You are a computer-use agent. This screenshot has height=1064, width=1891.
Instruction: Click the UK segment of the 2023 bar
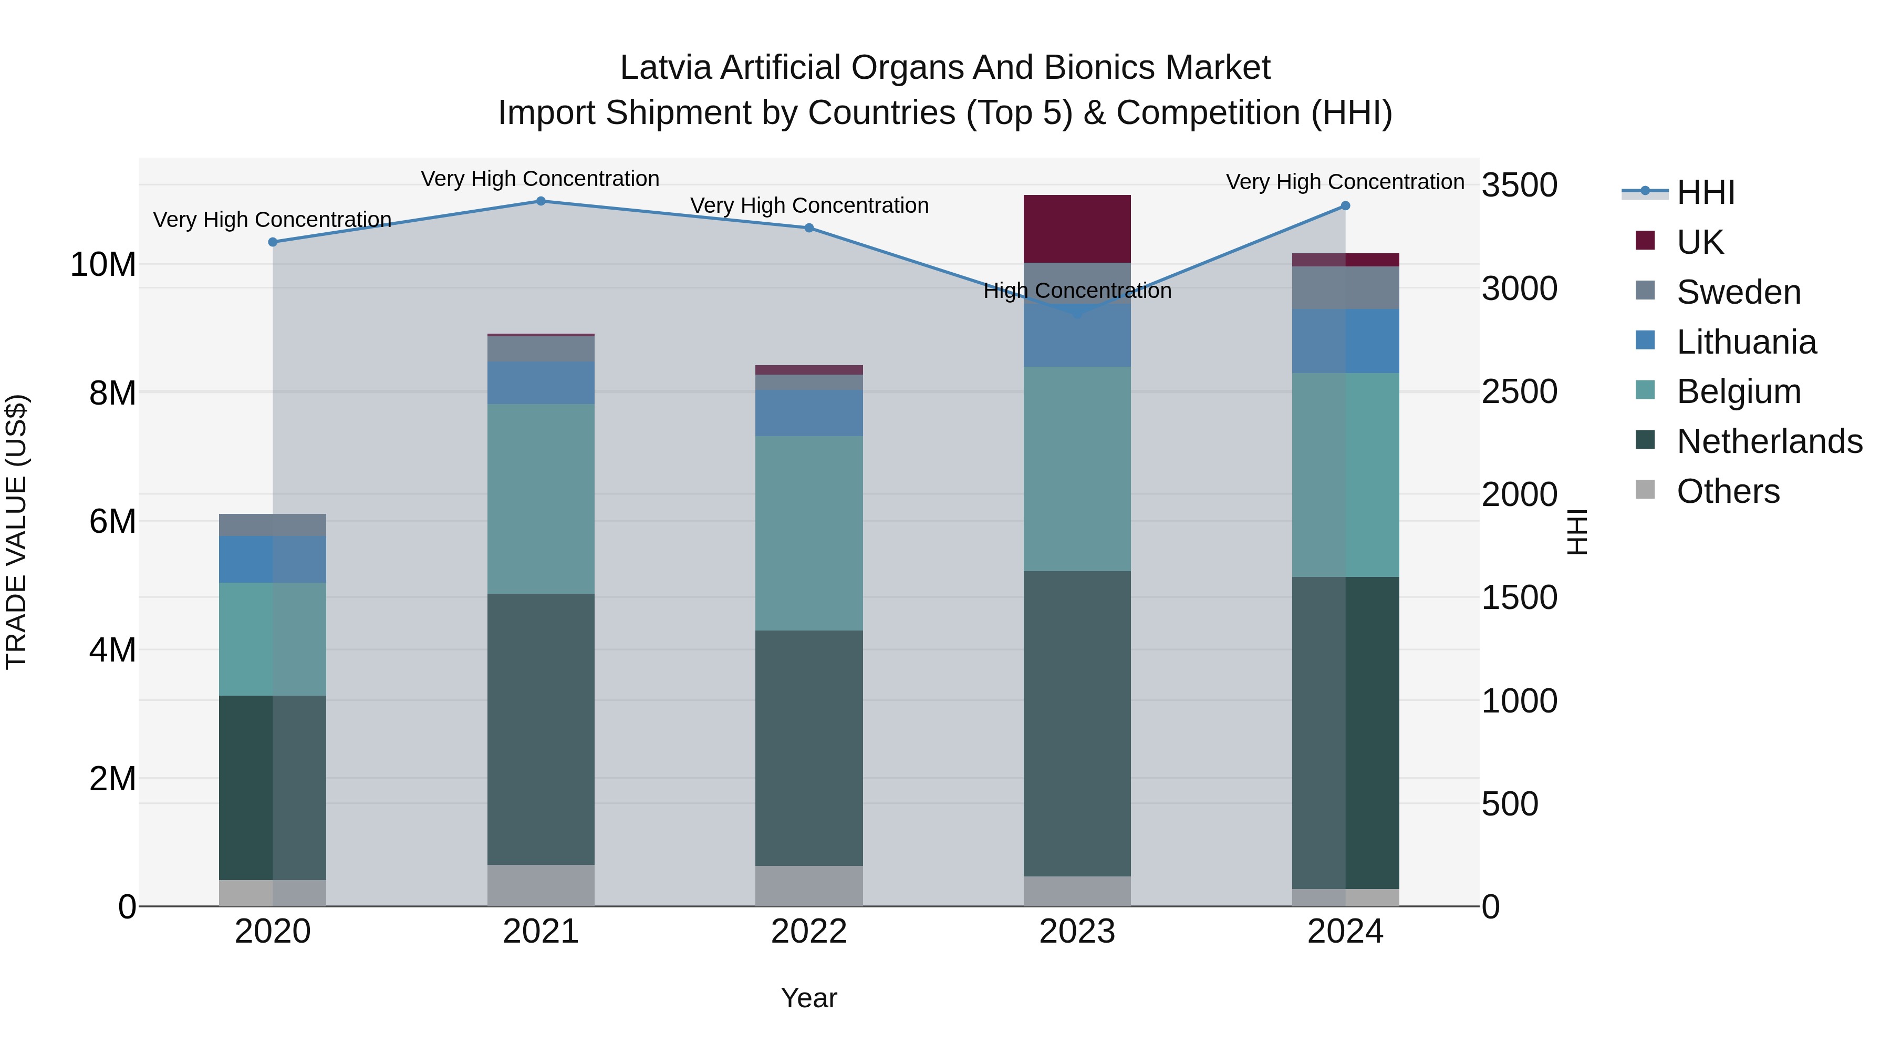[x=1077, y=229]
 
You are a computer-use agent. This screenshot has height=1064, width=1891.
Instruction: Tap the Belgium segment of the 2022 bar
[x=809, y=533]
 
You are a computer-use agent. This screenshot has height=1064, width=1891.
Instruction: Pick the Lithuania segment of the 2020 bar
[x=272, y=559]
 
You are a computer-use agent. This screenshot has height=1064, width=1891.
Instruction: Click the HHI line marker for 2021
[x=541, y=201]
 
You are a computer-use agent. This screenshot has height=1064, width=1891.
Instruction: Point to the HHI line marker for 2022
[x=809, y=228]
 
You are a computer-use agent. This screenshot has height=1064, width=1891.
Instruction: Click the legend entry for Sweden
[x=1738, y=292]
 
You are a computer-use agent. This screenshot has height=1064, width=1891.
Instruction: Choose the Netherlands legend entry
[x=1769, y=441]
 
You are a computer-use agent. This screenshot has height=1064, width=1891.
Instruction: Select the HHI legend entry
[x=1705, y=192]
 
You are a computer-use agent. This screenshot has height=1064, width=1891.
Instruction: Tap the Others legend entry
[x=1728, y=491]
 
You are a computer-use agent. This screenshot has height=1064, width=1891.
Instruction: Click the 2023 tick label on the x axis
[x=1077, y=932]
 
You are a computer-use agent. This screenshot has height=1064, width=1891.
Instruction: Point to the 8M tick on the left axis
[x=112, y=393]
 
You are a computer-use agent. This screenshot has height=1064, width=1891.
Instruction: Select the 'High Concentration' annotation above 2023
[x=1077, y=291]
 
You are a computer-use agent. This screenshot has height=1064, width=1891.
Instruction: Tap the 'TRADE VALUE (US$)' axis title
[x=16, y=532]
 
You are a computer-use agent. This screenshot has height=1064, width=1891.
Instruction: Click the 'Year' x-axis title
[x=809, y=998]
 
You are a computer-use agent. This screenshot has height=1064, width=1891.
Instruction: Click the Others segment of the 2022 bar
[x=809, y=885]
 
